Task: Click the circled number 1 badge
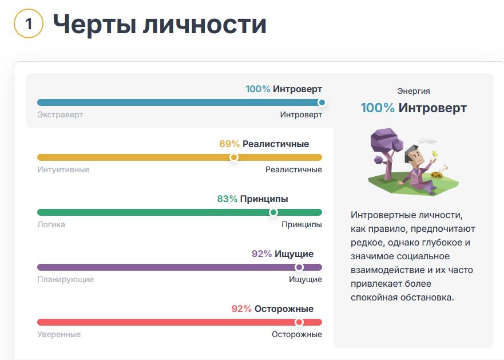click(x=29, y=23)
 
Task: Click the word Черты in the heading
click(x=95, y=25)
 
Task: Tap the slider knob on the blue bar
click(x=322, y=102)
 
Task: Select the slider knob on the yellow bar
click(x=234, y=157)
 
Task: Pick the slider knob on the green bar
click(x=273, y=212)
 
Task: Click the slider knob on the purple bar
click(x=299, y=267)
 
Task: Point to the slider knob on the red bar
click(x=299, y=322)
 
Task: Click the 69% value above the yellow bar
click(x=229, y=144)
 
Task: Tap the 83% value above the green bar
click(x=227, y=199)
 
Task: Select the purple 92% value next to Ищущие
click(x=262, y=254)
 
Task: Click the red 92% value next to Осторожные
click(x=242, y=309)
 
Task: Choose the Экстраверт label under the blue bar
click(x=60, y=115)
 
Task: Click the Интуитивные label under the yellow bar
click(x=64, y=169)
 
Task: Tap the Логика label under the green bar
click(x=51, y=224)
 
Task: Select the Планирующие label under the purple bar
click(x=66, y=279)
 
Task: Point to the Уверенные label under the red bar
click(x=59, y=335)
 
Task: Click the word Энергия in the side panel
click(x=414, y=92)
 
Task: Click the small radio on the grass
click(x=438, y=175)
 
